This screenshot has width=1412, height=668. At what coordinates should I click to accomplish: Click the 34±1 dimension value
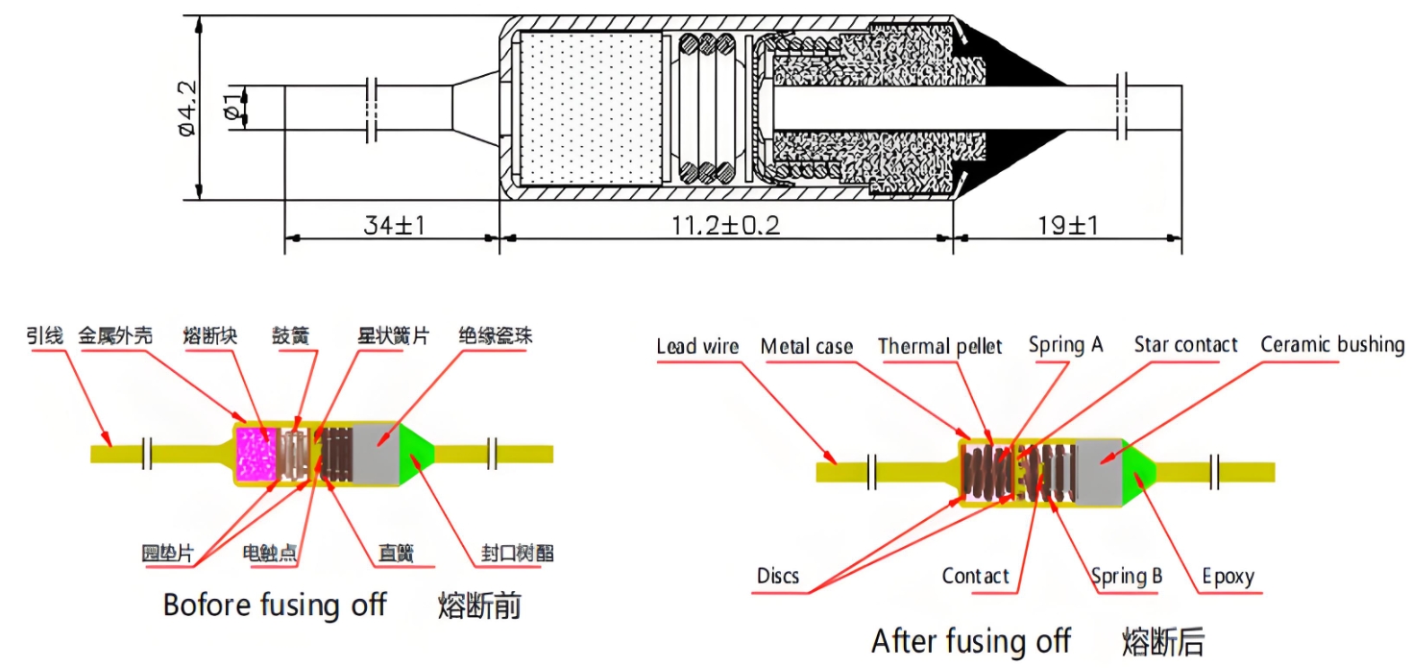pos(394,226)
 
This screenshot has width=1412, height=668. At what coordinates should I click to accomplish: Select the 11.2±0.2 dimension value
pos(726,226)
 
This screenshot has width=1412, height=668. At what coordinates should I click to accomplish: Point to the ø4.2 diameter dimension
pos(187,108)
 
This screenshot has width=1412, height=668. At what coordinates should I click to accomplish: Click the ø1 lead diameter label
pos(231,107)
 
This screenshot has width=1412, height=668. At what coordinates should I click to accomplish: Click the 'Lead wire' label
pos(697,346)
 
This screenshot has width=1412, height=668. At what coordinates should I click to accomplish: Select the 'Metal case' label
pos(807,346)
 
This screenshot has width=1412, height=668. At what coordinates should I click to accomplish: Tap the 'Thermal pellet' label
pos(939,346)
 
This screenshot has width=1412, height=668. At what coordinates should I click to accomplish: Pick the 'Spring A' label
pos(1065,344)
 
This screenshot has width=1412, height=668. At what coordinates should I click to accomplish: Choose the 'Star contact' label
pos(1185,344)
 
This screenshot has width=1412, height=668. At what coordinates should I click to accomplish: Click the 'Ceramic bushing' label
pos(1332,344)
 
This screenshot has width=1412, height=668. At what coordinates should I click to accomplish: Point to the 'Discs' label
pos(777,577)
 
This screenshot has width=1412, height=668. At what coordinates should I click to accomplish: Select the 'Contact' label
pos(975,577)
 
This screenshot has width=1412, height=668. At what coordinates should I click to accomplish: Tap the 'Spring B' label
pos(1127,577)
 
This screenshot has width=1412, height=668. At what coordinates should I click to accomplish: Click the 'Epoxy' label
pos(1229,577)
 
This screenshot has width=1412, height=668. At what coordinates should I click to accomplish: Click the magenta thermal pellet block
pos(256,454)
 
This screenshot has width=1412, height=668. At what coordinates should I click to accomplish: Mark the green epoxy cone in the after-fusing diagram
pos(1139,472)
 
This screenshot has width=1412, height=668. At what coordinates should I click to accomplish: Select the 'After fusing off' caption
pos(971,640)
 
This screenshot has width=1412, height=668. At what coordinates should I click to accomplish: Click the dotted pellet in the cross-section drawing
pos(589,108)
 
